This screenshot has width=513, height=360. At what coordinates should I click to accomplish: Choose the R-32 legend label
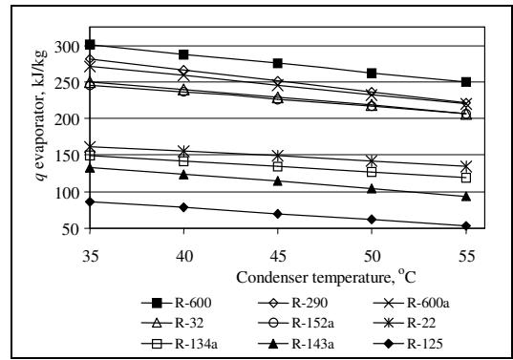[189, 323]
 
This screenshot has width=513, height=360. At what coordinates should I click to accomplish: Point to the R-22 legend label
[421, 323]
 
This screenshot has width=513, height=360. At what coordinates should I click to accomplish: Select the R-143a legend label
[313, 344]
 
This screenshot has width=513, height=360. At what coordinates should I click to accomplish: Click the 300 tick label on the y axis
[67, 48]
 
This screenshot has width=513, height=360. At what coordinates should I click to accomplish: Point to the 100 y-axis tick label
[67, 193]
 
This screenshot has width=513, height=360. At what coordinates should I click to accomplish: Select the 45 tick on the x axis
[278, 256]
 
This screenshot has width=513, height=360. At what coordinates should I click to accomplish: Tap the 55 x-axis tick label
[466, 256]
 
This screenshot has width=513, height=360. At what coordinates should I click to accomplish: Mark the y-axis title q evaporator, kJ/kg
[41, 115]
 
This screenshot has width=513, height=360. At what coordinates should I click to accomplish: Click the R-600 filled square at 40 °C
[183, 54]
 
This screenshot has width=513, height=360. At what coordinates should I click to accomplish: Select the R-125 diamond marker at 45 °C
[278, 214]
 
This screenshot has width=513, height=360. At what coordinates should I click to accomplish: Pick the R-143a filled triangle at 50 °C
[372, 189]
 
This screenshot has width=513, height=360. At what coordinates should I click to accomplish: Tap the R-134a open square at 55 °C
[466, 178]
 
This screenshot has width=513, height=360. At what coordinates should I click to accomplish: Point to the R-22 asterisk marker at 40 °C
[183, 151]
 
